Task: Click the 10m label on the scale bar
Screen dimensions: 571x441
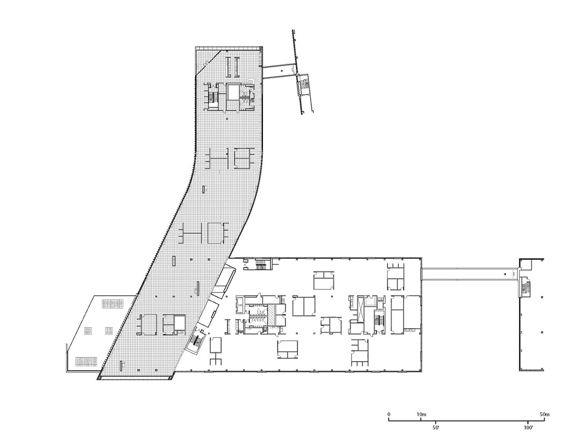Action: pyautogui.click(x=421, y=414)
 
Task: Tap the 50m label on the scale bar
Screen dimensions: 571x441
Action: pyautogui.click(x=545, y=414)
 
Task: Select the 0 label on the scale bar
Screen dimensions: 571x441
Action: pyautogui.click(x=389, y=414)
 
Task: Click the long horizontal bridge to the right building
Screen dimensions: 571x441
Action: pyautogui.click(x=470, y=274)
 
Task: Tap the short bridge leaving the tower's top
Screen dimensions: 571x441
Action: pyautogui.click(x=279, y=71)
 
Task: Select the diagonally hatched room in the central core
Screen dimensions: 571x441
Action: pyautogui.click(x=272, y=314)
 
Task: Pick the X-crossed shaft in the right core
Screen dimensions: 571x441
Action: pyautogui.click(x=360, y=309)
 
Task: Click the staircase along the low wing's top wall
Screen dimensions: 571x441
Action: pyautogui.click(x=261, y=263)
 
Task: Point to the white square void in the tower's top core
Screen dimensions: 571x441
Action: pyautogui.click(x=233, y=91)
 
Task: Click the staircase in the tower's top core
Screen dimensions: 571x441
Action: pyautogui.click(x=213, y=97)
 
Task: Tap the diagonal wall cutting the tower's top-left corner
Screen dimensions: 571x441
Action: pyautogui.click(x=209, y=62)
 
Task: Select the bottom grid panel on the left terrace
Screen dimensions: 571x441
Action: pyautogui.click(x=86, y=361)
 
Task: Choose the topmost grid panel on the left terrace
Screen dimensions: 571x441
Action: pyautogui.click(x=113, y=303)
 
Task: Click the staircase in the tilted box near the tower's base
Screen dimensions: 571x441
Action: pyautogui.click(x=196, y=341)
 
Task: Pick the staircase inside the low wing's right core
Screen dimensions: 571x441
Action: pyautogui.click(x=378, y=321)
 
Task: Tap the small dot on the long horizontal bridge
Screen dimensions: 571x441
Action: pyautogui.click(x=505, y=274)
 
